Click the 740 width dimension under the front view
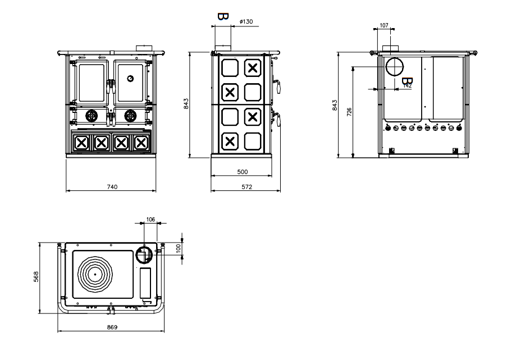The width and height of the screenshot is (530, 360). click(112, 186)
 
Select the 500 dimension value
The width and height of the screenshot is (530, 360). click(243, 172)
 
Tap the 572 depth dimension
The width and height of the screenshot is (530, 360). click(246, 186)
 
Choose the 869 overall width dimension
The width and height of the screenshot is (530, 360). click(112, 327)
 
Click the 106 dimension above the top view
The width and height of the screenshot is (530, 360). click(150, 219)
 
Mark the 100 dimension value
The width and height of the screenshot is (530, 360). click(179, 248)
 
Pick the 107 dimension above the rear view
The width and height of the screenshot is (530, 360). click(384, 25)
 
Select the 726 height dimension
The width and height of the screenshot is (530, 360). click(349, 112)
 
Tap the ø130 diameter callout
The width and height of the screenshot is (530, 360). click(246, 21)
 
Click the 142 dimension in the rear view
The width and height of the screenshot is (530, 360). click(408, 85)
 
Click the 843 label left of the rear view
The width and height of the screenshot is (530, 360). click(335, 105)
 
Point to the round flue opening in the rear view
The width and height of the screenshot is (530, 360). click(394, 67)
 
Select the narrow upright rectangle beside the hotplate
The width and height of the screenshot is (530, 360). click(145, 283)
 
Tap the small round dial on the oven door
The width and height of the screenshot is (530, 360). click(130, 78)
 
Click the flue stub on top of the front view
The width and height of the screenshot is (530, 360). click(143, 46)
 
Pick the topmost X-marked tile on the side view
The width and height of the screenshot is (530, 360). click(253, 69)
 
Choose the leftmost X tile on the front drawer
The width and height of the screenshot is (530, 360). click(81, 142)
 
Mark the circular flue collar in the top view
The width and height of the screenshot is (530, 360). click(144, 256)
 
